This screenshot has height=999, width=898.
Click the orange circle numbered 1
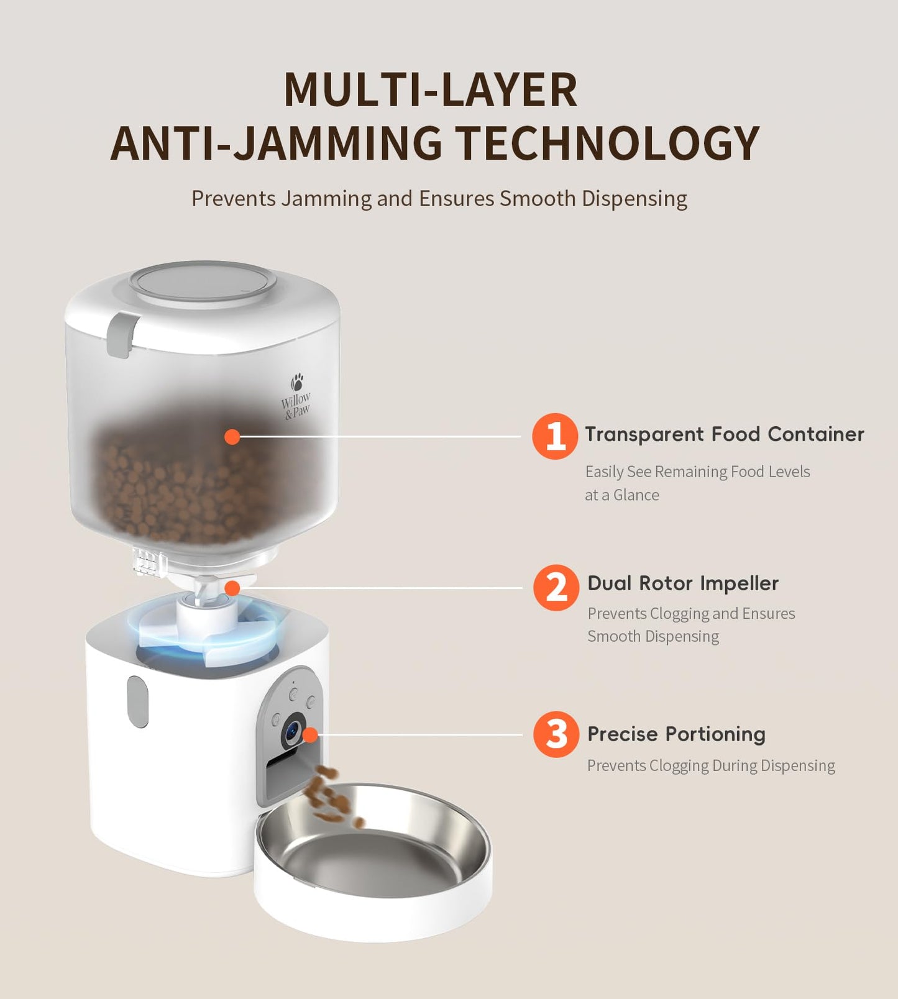[x=555, y=436]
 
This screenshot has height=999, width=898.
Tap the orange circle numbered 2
[x=556, y=587]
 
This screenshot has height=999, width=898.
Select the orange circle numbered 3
[x=556, y=734]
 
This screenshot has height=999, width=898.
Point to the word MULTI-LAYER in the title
[x=431, y=90]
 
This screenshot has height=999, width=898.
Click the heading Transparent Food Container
[x=724, y=434]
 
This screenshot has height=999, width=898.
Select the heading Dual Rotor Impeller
[x=682, y=583]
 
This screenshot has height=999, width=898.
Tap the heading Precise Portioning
[x=676, y=734]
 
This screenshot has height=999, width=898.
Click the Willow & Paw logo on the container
[x=296, y=397]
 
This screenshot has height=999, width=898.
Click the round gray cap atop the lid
[x=203, y=281]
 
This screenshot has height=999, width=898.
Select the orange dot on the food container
[x=232, y=437]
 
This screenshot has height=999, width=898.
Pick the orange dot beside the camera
[x=310, y=735]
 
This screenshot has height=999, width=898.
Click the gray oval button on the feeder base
[x=138, y=701]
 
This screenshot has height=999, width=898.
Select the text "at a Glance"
[x=621, y=495]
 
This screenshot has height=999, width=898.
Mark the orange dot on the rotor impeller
[x=232, y=588]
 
